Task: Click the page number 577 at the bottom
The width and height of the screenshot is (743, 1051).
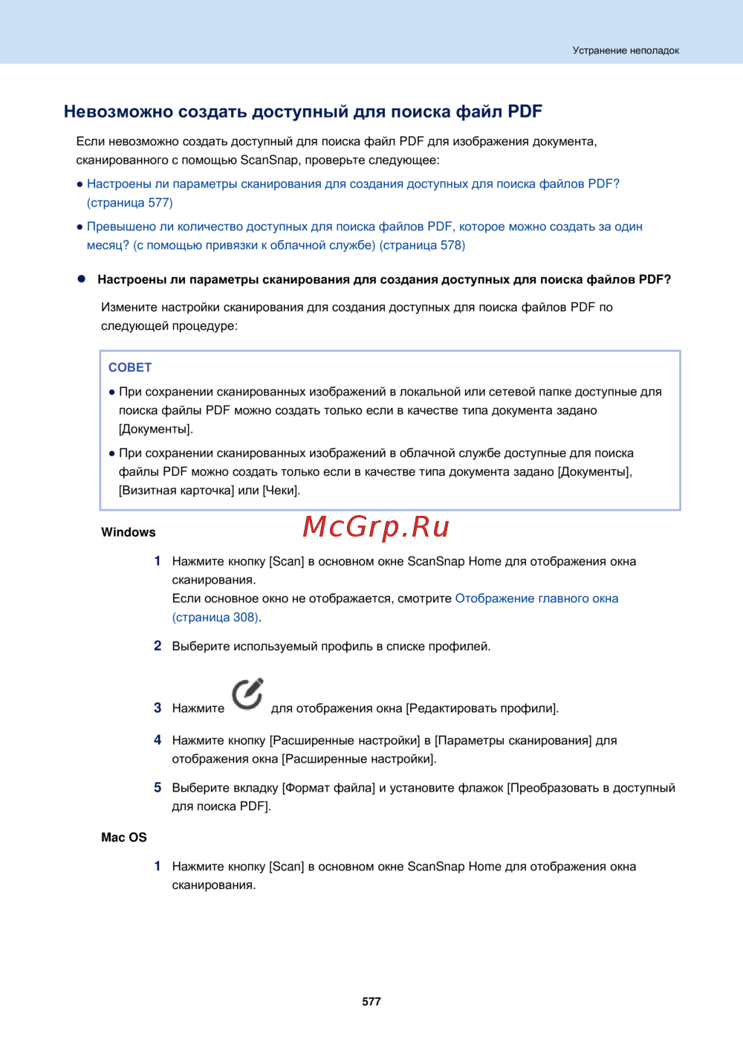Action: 371,1001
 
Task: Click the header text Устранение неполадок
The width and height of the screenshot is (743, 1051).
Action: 626,51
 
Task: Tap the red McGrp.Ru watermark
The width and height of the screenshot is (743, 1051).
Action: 376,527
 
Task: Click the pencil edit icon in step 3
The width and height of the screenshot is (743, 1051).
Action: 247,694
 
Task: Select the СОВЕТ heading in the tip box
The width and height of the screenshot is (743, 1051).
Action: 130,367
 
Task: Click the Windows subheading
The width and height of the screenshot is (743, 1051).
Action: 129,532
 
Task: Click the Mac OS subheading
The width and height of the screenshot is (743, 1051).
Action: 124,837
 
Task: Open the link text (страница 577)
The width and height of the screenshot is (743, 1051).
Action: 130,202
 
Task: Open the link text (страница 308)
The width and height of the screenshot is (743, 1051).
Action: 215,617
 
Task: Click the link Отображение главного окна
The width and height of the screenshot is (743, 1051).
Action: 536,598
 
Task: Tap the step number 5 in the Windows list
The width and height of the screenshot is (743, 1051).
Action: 158,787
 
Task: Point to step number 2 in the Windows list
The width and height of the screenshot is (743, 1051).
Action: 158,645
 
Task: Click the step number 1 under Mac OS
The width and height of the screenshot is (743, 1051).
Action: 158,866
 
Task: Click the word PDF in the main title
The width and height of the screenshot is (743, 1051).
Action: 525,111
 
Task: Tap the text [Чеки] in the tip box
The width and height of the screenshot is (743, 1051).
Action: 282,490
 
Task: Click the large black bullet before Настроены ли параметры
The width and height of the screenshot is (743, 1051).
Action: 82,279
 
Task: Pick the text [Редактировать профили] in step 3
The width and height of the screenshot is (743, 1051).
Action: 481,708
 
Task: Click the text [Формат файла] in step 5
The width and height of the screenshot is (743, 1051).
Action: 328,787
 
